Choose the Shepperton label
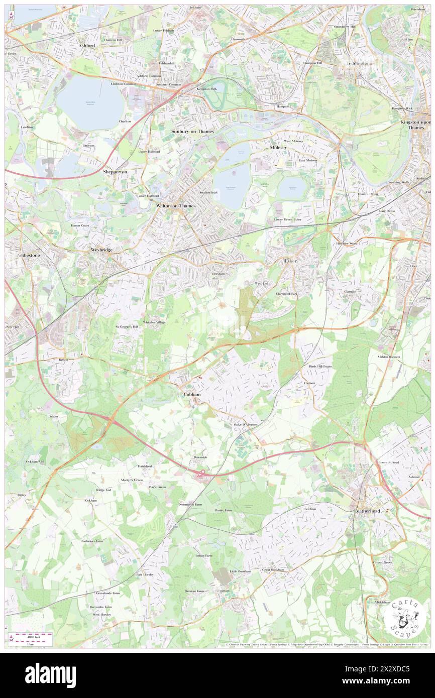[x=115, y=172]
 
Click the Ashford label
[x=87, y=45]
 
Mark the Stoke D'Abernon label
[x=246, y=425]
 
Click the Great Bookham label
[x=273, y=570]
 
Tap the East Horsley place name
[x=145, y=574]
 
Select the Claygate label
[x=350, y=291]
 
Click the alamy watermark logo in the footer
[x=50, y=675]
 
